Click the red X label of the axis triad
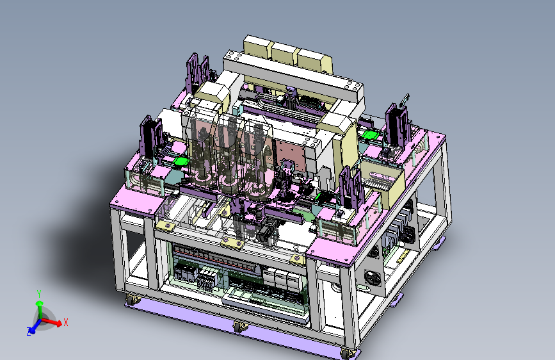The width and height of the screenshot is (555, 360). click(x=65, y=322)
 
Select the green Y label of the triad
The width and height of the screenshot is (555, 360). click(x=39, y=294)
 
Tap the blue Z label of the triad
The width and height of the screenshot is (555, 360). click(x=29, y=332)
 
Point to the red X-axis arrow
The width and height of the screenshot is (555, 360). click(x=52, y=322)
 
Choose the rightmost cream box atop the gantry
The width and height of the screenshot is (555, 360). click(x=314, y=61)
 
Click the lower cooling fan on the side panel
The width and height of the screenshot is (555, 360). click(x=373, y=278)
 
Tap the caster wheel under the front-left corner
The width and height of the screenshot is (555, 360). click(x=131, y=300)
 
